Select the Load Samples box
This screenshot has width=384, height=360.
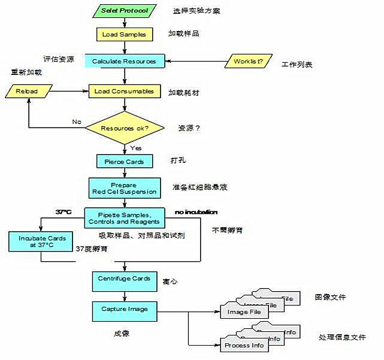(124, 34)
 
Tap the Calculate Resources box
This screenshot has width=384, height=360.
(124, 61)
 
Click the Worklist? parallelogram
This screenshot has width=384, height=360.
(248, 62)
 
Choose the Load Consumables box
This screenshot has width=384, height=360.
(124, 92)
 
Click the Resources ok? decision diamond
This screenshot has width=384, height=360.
(124, 128)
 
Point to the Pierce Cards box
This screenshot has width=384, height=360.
(124, 162)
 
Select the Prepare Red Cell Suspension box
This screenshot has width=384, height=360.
(124, 188)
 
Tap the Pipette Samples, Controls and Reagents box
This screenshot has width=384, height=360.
(124, 218)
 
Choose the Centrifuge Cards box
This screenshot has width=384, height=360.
(124, 279)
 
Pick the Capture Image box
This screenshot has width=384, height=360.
(124, 310)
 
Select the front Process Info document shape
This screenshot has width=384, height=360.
(244, 346)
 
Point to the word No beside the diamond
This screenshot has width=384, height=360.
(77, 122)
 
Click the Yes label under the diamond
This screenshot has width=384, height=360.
(136, 148)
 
